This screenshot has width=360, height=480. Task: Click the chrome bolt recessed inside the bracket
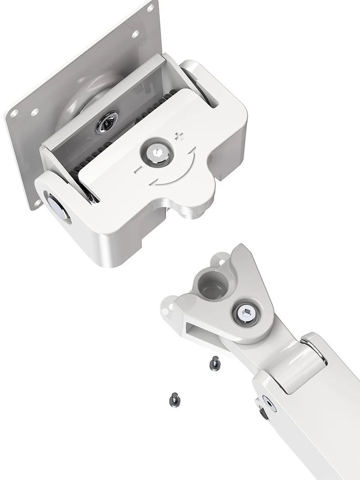107,122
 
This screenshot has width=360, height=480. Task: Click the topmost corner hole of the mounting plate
151,8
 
